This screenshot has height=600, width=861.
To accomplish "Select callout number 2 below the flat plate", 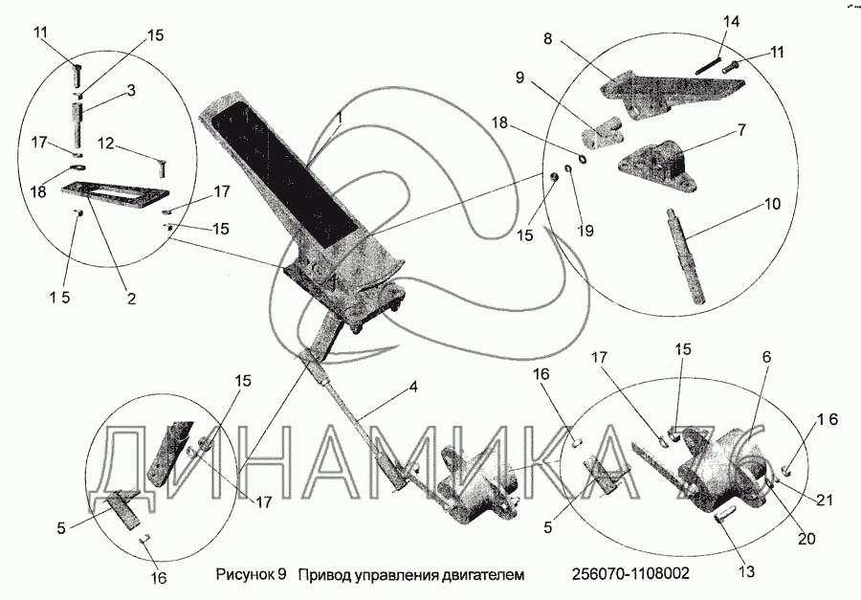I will [131, 298].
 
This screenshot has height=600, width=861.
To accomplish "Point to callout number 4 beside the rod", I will [413, 388].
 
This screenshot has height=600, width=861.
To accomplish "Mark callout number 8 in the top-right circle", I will [548, 39].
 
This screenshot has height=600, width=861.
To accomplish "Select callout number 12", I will [106, 143].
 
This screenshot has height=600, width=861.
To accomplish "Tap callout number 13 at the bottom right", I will [746, 571].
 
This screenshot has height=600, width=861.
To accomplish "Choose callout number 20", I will [806, 538].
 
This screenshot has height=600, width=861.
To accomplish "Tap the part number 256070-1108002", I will [629, 573].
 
